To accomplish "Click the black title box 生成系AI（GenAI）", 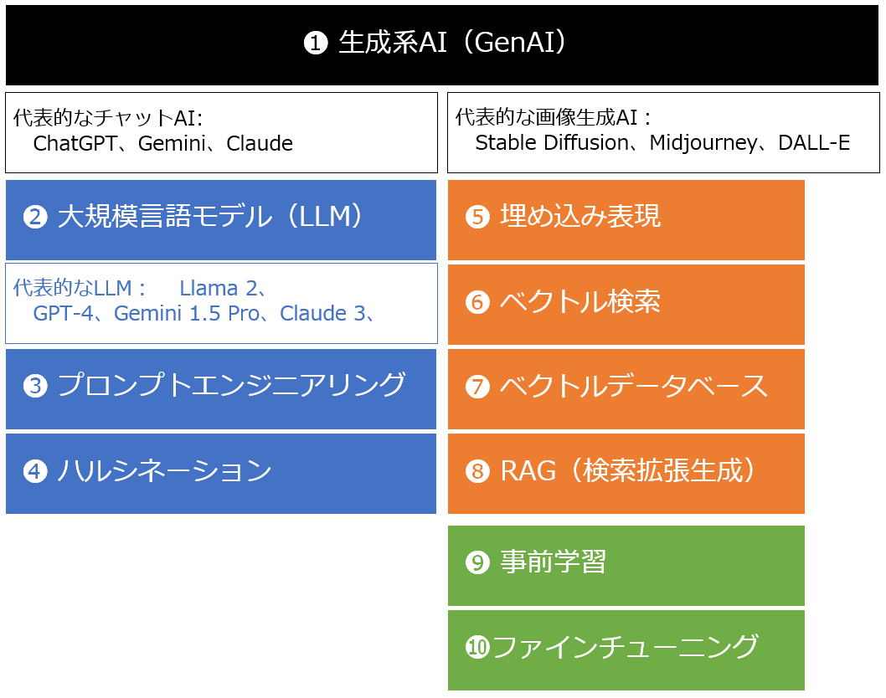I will pyautogui.click(x=442, y=44).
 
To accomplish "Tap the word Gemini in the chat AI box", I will pyautogui.click(x=171, y=144).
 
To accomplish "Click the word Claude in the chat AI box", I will pyautogui.click(x=260, y=144).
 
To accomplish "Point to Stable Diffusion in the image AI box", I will pyautogui.click(x=551, y=143).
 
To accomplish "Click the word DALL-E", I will pyautogui.click(x=814, y=143).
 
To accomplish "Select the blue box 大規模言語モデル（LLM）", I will pyautogui.click(x=221, y=219).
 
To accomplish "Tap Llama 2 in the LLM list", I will pyautogui.click(x=217, y=289).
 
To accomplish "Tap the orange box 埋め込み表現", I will pyautogui.click(x=626, y=219).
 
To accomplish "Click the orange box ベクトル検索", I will pyautogui.click(x=626, y=304).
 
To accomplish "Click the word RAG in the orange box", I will pyautogui.click(x=528, y=472).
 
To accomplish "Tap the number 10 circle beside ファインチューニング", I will pyautogui.click(x=477, y=649).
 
